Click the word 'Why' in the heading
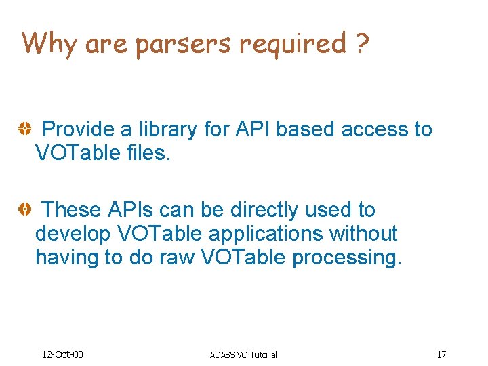coord(49,43)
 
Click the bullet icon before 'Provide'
coord(24,129)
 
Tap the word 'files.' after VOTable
coord(148,153)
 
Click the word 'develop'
coord(73,235)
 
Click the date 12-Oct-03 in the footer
coord(62,354)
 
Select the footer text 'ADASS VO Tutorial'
coord(243,354)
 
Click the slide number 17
coord(441,354)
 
